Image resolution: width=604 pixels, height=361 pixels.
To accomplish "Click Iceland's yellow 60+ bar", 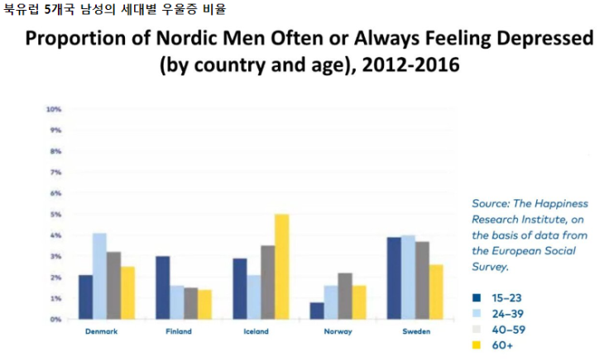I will (x=282, y=266).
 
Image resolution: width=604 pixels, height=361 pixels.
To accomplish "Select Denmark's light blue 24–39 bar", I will (x=99, y=276).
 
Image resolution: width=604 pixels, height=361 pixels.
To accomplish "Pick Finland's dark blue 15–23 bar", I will (x=163, y=287).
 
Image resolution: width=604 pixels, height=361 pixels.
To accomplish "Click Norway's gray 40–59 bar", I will (x=346, y=296).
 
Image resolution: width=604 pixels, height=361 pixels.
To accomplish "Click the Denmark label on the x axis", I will (x=100, y=332).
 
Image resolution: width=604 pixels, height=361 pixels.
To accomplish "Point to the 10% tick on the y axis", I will (x=54, y=109).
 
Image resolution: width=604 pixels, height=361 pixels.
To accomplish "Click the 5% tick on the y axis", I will (x=55, y=214).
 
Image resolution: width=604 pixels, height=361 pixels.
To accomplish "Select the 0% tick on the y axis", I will (x=55, y=319).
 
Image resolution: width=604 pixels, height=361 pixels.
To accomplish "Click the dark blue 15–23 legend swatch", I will (x=477, y=297).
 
